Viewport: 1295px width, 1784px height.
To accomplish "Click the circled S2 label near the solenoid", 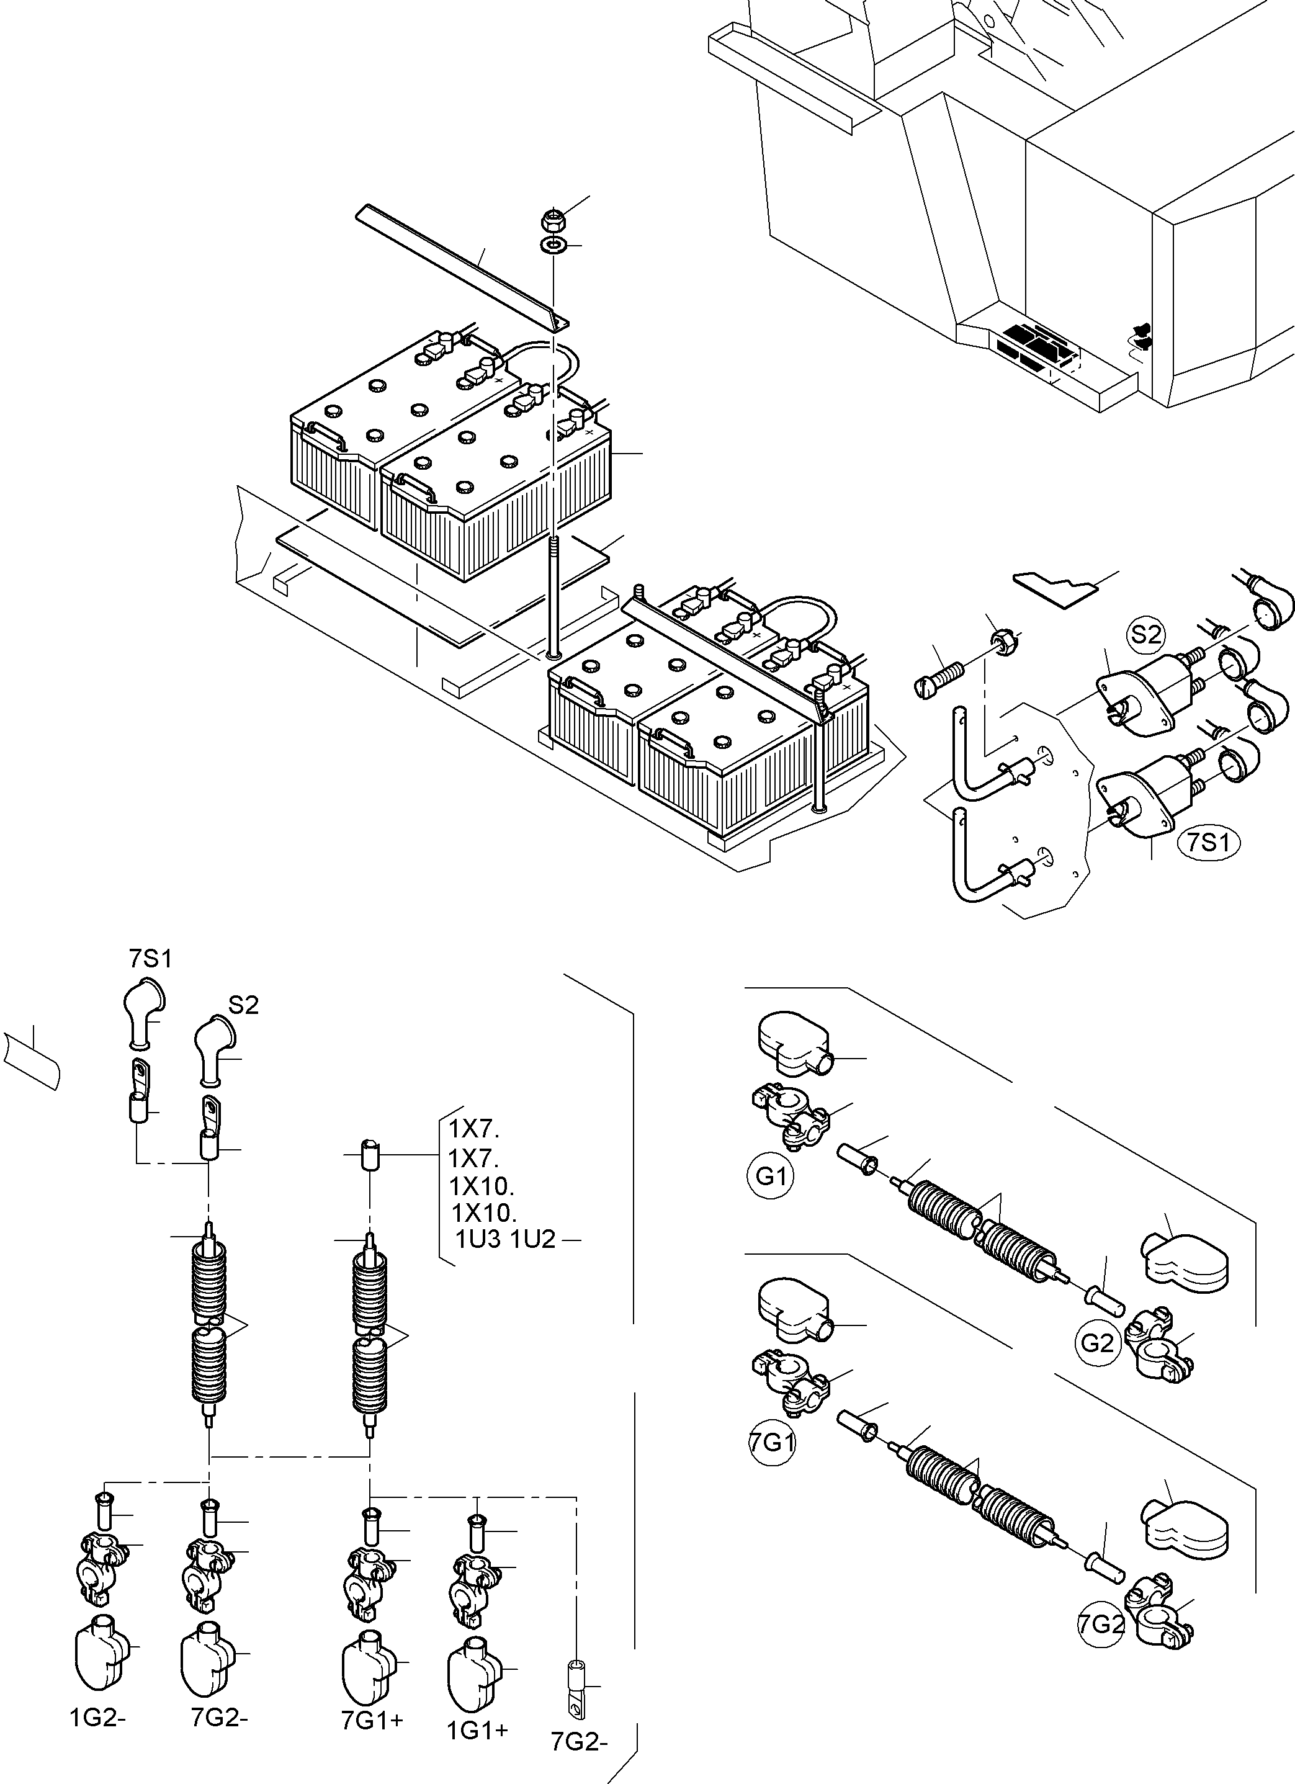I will (1145, 634).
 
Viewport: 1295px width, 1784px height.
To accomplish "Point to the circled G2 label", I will (1096, 1343).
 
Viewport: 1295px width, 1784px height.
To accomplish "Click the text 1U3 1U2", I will (505, 1240).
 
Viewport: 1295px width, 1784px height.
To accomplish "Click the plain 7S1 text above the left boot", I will (150, 958).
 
